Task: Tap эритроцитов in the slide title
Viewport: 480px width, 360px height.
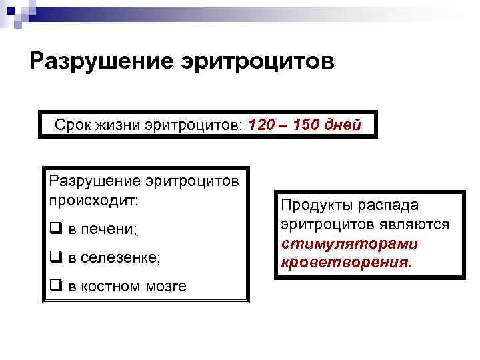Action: [257, 61]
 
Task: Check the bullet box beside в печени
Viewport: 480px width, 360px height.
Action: [54, 229]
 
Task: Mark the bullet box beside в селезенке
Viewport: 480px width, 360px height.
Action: [54, 257]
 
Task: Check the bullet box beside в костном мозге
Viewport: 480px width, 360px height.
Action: [54, 286]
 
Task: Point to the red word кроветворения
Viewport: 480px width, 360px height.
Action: [347, 263]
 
